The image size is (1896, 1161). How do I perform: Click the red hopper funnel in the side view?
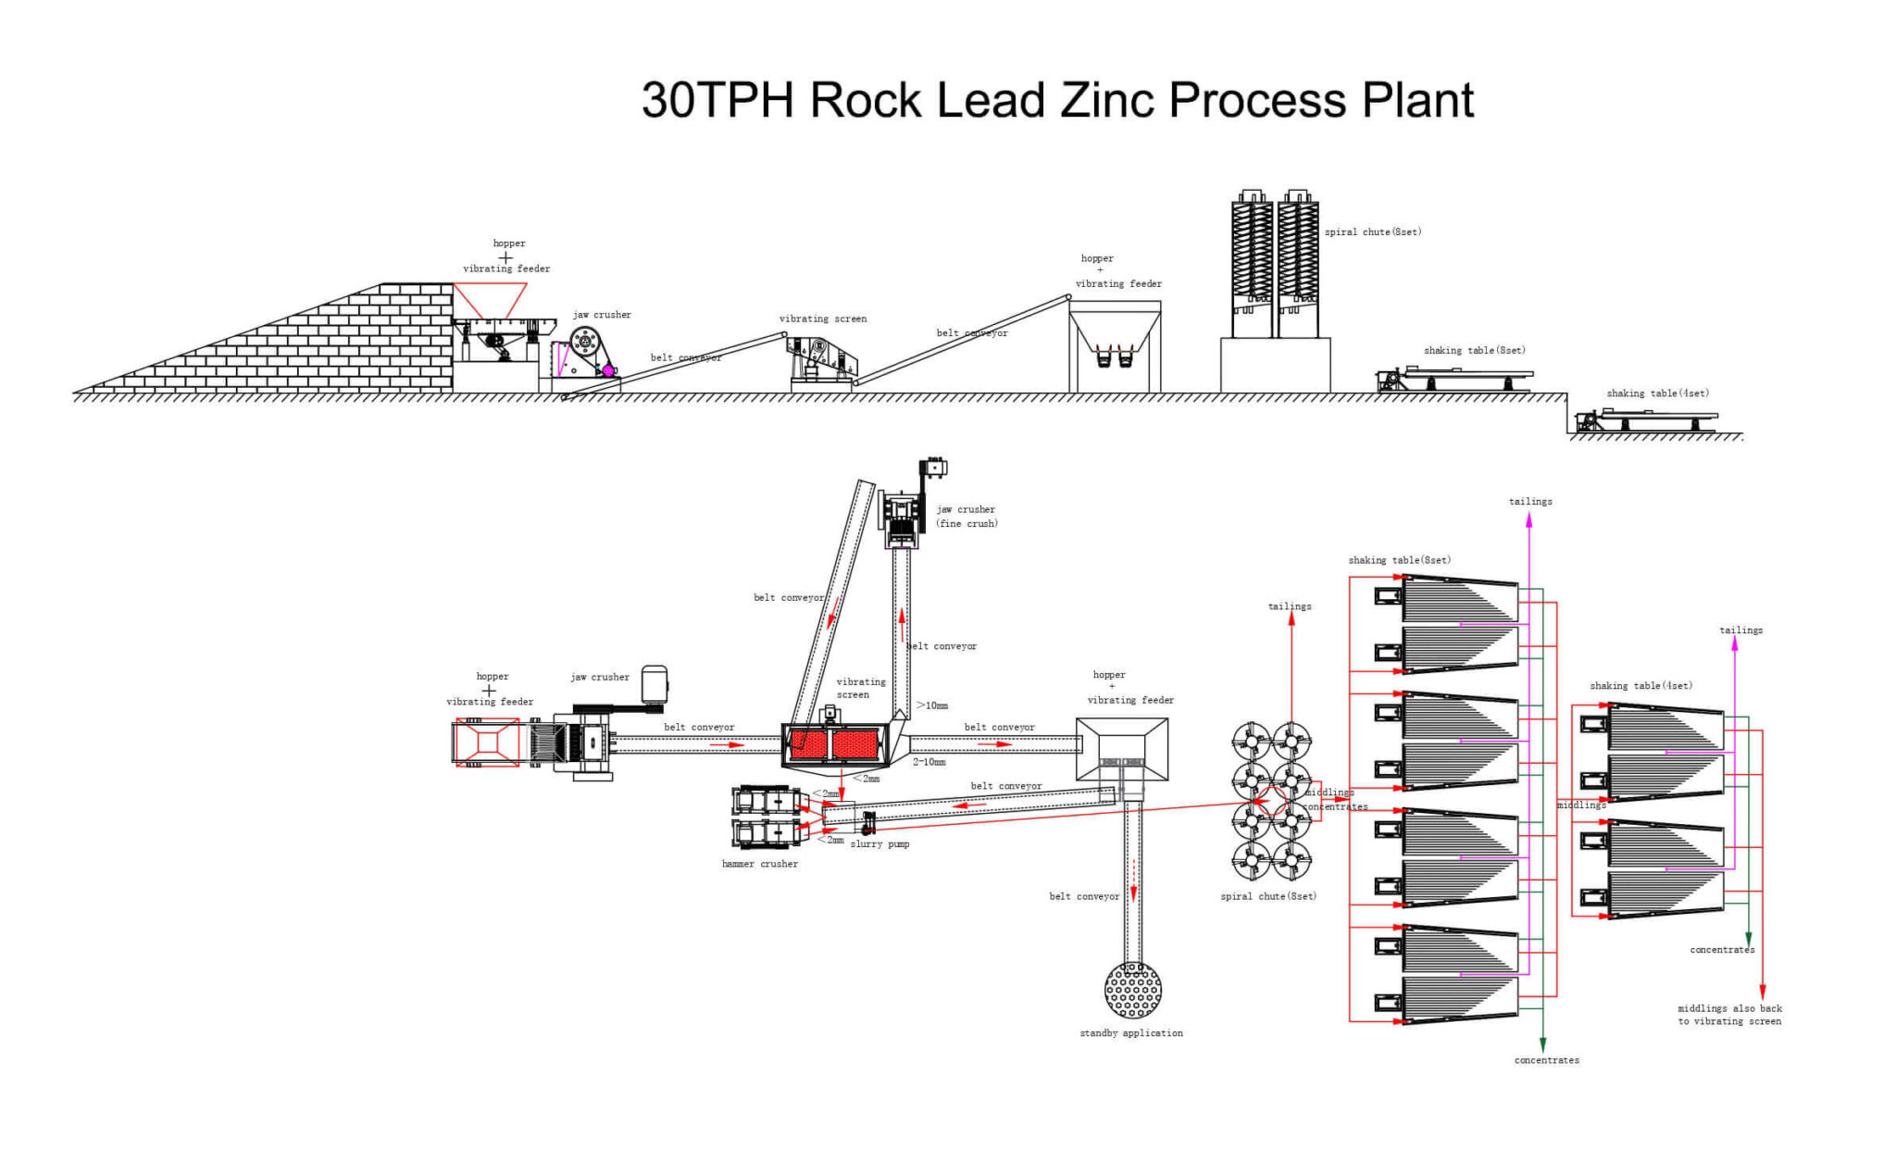coord(490,299)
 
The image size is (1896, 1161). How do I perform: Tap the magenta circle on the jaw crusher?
coord(608,370)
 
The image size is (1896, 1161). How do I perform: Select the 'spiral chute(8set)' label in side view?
coord(1372,232)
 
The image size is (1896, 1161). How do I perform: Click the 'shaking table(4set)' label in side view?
coord(1657,393)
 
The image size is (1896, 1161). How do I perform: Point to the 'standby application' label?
coord(1130,1033)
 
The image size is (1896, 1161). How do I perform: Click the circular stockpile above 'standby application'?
coord(1132,990)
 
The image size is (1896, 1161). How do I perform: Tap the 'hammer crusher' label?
coord(759,864)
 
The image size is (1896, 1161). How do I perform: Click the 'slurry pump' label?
coord(879,844)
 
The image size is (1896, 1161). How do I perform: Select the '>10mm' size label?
coord(932,705)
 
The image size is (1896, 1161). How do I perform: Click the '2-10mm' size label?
coord(929,762)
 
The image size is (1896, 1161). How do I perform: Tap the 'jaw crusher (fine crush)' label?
coord(966,517)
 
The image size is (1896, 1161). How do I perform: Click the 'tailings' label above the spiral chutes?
coord(1289,606)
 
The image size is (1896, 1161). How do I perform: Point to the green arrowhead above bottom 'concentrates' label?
coord(1542,1044)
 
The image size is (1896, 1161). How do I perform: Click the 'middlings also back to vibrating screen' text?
coord(1729,1015)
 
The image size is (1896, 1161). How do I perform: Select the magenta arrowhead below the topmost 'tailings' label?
coord(1528,520)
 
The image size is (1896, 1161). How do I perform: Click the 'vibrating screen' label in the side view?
coord(822,318)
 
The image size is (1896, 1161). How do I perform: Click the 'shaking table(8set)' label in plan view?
coord(1399,560)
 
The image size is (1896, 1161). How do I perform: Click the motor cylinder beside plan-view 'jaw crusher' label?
coord(655,683)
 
